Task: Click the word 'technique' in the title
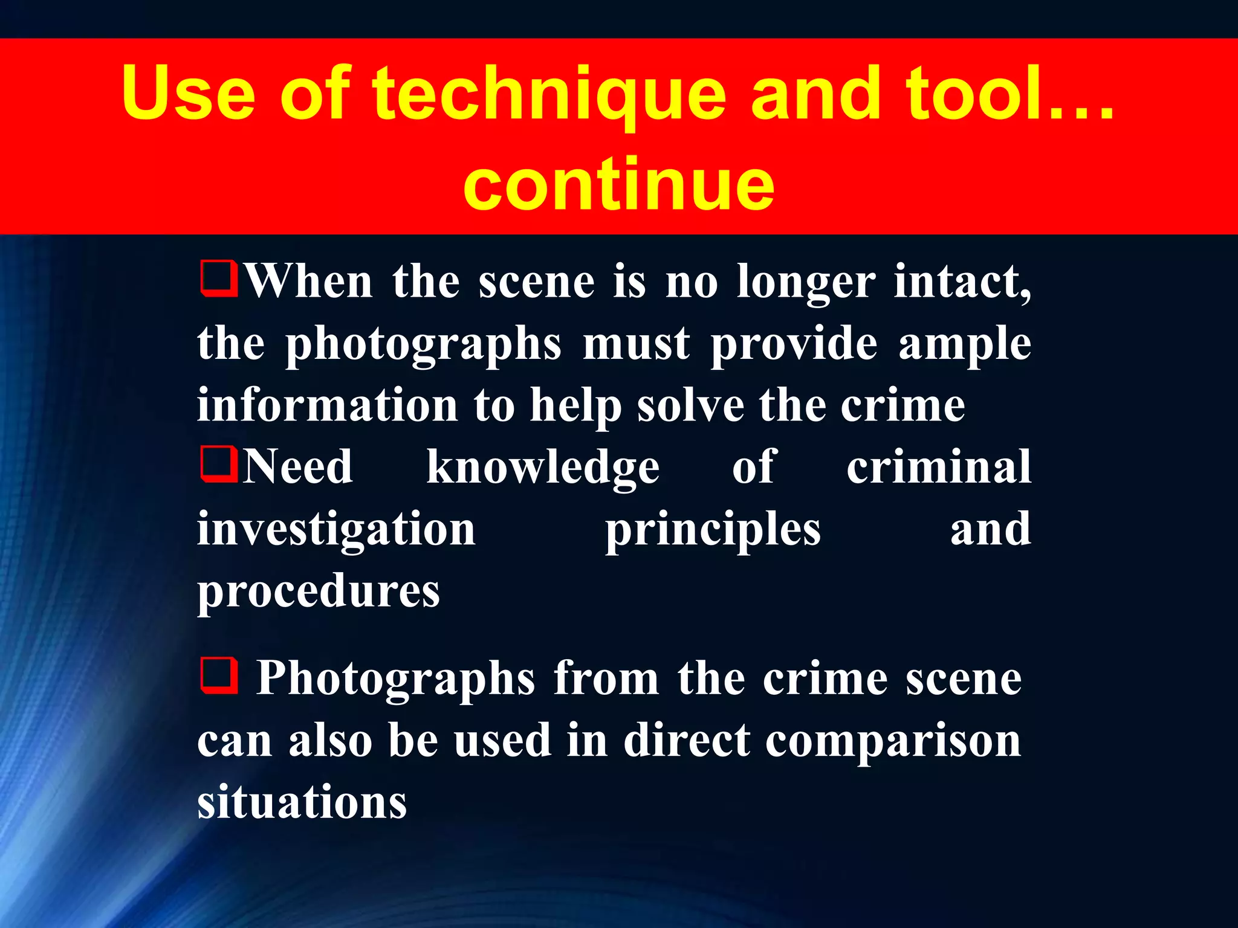[549, 95]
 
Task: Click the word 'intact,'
[962, 282]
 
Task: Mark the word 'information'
[327, 405]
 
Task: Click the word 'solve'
[690, 405]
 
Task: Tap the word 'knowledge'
[543, 468]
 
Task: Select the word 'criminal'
[938, 466]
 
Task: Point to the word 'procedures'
[319, 591]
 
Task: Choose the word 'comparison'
[893, 741]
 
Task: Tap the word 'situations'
[302, 802]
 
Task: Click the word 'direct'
[687, 740]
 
